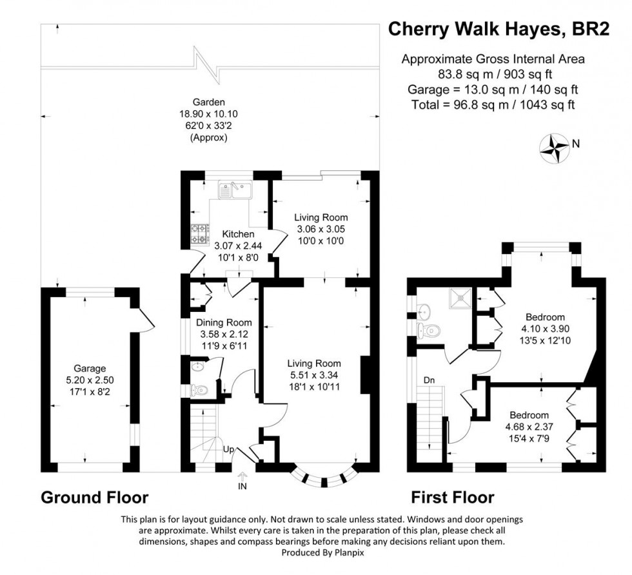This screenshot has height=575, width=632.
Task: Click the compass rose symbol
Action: [x=554, y=146]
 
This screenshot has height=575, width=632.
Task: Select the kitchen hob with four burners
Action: [x=198, y=233]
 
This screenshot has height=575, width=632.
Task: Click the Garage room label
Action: [x=89, y=368]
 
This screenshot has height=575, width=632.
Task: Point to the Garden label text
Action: [x=208, y=102]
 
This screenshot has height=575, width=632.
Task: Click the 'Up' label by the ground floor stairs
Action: [x=228, y=449]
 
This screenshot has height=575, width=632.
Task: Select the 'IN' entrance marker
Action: [x=242, y=485]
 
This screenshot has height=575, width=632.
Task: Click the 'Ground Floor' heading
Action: [x=95, y=498]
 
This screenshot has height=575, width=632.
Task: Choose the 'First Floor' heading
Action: [x=453, y=498]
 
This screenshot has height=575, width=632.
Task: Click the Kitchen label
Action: [x=238, y=234]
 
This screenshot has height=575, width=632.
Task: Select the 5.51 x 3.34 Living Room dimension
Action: [x=314, y=375]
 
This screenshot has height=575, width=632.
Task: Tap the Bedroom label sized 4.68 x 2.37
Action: [x=529, y=415]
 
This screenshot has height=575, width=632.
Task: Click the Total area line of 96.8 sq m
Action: [x=493, y=104]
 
